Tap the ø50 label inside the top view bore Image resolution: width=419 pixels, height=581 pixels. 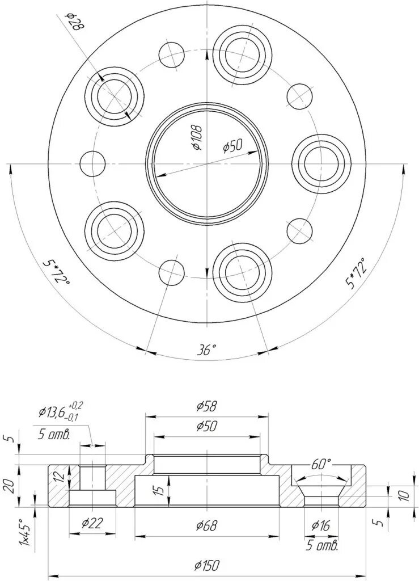tap(232, 146)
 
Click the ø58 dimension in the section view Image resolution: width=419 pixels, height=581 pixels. tap(207, 406)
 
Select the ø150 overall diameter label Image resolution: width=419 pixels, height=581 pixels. tap(206, 565)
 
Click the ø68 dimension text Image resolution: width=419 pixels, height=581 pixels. tap(207, 525)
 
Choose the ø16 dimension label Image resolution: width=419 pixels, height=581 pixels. tap(320, 526)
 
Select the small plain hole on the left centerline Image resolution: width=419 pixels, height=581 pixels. tap(93, 164)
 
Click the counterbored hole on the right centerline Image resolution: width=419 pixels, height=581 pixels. tap(320, 163)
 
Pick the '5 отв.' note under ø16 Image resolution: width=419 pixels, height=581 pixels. tap(321, 546)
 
